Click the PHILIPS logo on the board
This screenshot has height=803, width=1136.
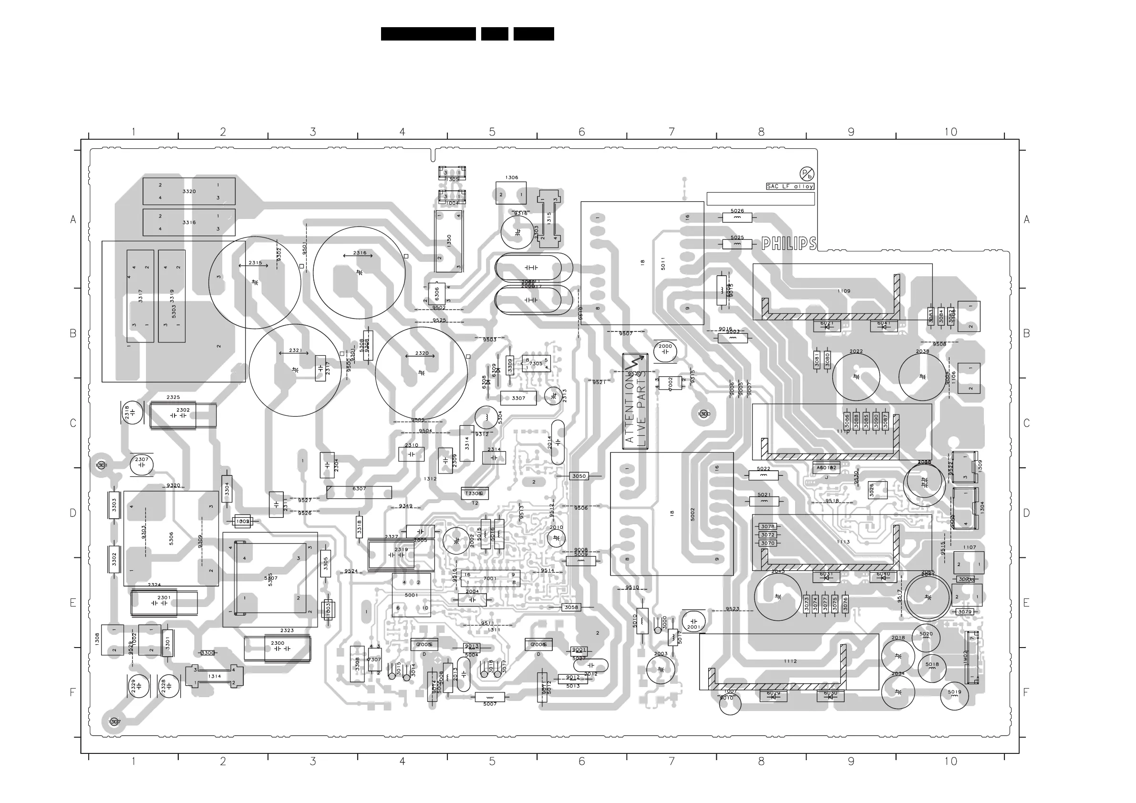788,243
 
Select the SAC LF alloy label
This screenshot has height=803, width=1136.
790,186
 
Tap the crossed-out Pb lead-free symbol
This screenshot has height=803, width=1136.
806,174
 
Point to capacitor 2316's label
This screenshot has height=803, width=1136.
360,253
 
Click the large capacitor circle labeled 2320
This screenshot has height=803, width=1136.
421,372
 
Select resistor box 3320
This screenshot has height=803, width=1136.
189,191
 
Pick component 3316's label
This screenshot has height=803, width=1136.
189,222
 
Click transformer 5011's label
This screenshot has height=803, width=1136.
663,264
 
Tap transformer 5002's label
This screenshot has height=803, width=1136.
692,514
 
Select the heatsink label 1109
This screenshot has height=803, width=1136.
844,291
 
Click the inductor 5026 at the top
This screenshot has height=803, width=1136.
737,216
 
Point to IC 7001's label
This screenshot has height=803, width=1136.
489,578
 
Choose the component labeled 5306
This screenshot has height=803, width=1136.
171,538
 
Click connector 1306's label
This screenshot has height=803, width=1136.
512,177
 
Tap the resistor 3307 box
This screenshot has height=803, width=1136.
518,398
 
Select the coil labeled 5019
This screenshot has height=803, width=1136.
954,695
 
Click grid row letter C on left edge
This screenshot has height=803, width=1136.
73,423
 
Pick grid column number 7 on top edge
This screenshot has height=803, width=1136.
671,132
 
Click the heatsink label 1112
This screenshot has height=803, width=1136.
790,661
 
